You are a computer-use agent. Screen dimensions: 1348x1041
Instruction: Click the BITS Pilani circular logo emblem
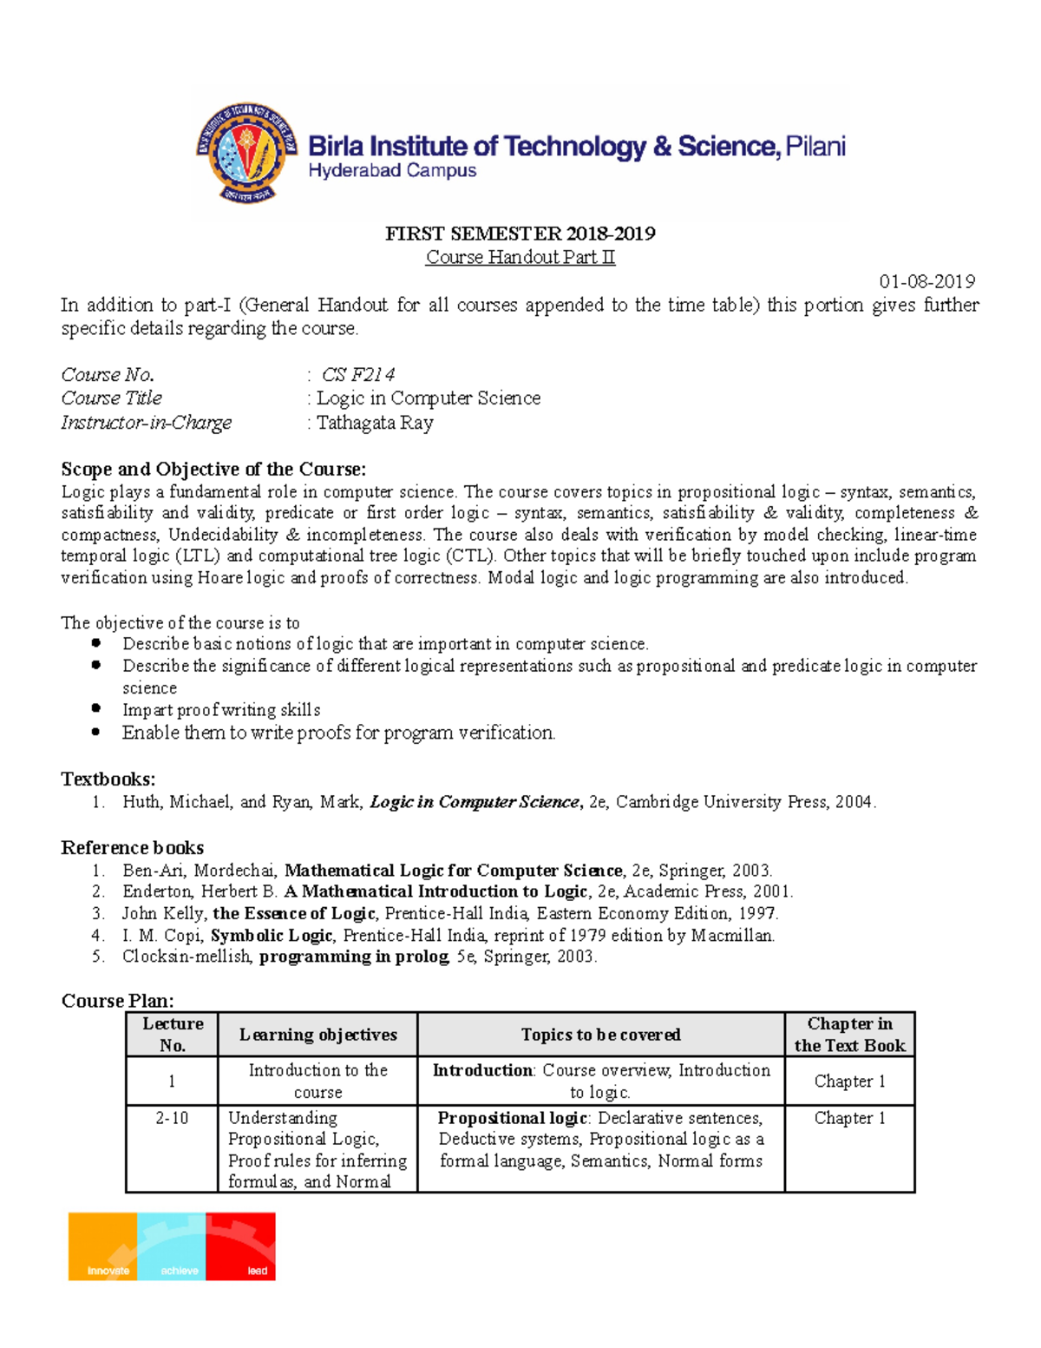click(x=246, y=154)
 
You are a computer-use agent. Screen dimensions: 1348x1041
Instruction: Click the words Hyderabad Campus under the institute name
click(x=392, y=171)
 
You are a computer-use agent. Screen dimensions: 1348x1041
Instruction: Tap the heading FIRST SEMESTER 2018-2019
click(x=520, y=233)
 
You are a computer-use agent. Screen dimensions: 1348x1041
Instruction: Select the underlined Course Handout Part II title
click(x=520, y=257)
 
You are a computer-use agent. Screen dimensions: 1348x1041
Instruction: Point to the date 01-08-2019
click(x=926, y=281)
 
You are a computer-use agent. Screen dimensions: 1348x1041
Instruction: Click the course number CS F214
click(x=358, y=375)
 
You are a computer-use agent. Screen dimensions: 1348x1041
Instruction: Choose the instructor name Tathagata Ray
click(x=374, y=423)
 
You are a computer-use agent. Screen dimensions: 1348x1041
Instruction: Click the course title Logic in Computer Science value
click(x=428, y=398)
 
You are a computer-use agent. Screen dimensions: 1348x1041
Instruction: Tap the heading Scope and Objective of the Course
click(x=213, y=470)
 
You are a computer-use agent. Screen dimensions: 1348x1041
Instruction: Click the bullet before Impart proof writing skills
click(x=96, y=709)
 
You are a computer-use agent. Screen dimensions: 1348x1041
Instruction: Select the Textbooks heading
click(x=108, y=779)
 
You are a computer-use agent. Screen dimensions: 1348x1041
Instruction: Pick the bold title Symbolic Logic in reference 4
click(x=272, y=936)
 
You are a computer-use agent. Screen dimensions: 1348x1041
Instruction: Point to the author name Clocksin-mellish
click(x=187, y=957)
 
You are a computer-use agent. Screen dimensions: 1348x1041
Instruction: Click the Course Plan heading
click(x=117, y=1001)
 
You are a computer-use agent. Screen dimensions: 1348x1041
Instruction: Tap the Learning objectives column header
click(x=318, y=1035)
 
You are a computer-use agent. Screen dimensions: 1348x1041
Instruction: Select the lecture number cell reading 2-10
click(x=172, y=1118)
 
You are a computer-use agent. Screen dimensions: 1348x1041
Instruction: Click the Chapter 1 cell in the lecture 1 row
click(x=849, y=1082)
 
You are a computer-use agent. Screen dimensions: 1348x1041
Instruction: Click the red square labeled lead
click(x=241, y=1246)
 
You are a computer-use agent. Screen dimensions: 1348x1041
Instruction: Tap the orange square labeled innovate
click(x=103, y=1246)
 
